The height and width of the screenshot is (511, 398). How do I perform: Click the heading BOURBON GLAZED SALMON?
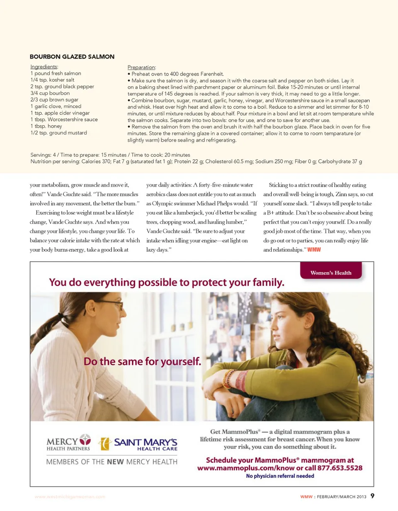pyautogui.click(x=72, y=56)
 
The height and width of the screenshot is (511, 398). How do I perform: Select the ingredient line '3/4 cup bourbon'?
pyautogui.click(x=50, y=93)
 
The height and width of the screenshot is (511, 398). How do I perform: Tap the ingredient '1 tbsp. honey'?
pyautogui.click(x=46, y=126)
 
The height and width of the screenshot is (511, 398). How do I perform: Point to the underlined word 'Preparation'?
pyautogui.click(x=141, y=67)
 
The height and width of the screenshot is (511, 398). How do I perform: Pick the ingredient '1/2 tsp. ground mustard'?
pyautogui.click(x=58, y=133)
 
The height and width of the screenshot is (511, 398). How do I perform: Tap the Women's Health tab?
pyautogui.click(x=330, y=273)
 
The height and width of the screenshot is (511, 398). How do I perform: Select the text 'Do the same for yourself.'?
pyautogui.click(x=142, y=361)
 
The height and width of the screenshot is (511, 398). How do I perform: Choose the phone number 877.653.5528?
pyautogui.click(x=340, y=468)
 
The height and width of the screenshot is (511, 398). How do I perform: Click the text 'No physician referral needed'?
pyautogui.click(x=280, y=476)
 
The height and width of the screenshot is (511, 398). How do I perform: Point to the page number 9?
pyautogui.click(x=372, y=496)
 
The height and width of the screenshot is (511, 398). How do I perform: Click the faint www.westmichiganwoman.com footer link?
pyautogui.click(x=70, y=496)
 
